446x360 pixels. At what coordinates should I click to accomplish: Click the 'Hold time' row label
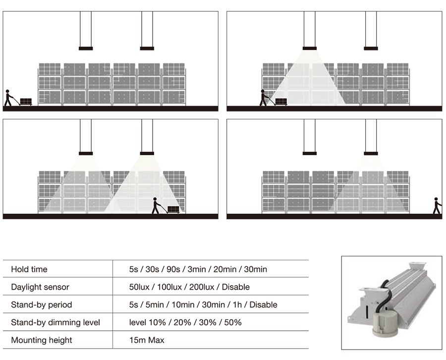pyautogui.click(x=29, y=269)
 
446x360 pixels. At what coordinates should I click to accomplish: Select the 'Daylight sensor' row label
pyautogui.click(x=40, y=287)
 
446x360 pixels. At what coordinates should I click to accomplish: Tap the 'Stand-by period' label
pyautogui.click(x=42, y=305)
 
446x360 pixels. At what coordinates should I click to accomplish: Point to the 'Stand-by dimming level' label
pyautogui.click(x=56, y=322)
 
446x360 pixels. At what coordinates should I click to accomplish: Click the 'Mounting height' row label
pyautogui.click(x=42, y=340)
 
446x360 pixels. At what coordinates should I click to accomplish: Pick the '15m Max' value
pyautogui.click(x=147, y=340)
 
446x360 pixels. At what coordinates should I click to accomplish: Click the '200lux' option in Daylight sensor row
pyautogui.click(x=202, y=287)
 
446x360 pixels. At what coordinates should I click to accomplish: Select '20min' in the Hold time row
pyautogui.click(x=224, y=269)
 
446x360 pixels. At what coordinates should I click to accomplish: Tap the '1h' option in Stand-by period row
pyautogui.click(x=237, y=305)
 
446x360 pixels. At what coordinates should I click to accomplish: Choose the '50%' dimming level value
pyautogui.click(x=233, y=322)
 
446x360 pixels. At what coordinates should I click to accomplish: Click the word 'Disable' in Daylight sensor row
pyautogui.click(x=235, y=287)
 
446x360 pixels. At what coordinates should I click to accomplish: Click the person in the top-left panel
pyautogui.click(x=8, y=98)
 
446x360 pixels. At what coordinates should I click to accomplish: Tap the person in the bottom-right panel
pyautogui.click(x=437, y=205)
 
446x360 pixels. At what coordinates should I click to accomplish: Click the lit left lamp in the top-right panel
pyautogui.click(x=309, y=49)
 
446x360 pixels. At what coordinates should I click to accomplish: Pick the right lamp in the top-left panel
pyautogui.click(x=147, y=49)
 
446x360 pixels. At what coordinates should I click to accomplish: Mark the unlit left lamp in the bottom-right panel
pyautogui.click(x=309, y=153)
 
